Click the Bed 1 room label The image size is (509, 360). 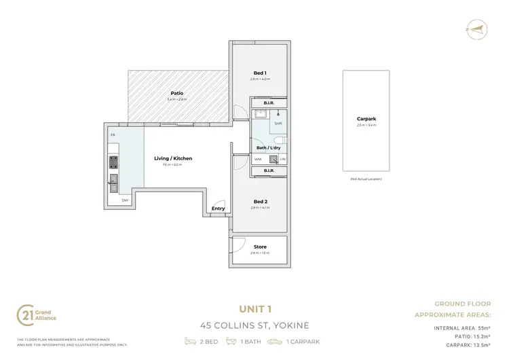(x=260, y=73)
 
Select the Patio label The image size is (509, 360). (x=177, y=94)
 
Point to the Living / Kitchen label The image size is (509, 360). (x=177, y=158)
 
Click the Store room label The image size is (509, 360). (x=260, y=247)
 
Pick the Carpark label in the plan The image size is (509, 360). (x=366, y=119)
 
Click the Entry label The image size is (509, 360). (x=218, y=209)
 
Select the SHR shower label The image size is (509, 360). (x=278, y=124)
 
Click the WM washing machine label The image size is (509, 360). (x=258, y=159)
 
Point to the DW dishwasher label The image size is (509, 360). (x=125, y=200)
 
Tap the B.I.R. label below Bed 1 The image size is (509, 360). (x=269, y=103)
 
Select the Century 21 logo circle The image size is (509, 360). (x=24, y=315)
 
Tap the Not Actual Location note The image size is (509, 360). (x=366, y=179)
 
